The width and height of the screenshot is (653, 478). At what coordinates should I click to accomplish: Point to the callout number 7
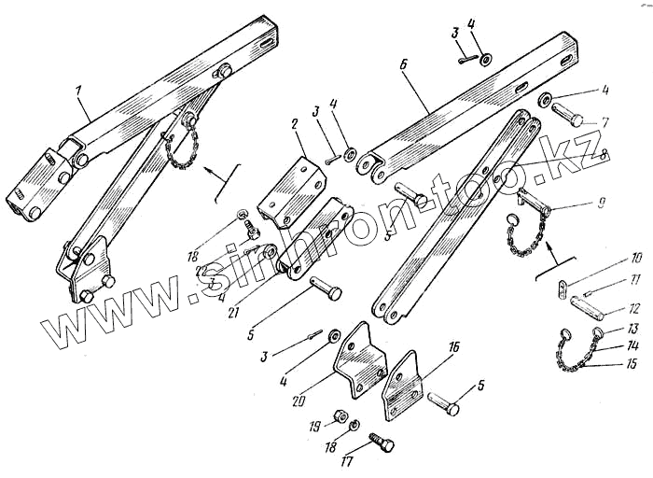click(605, 121)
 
